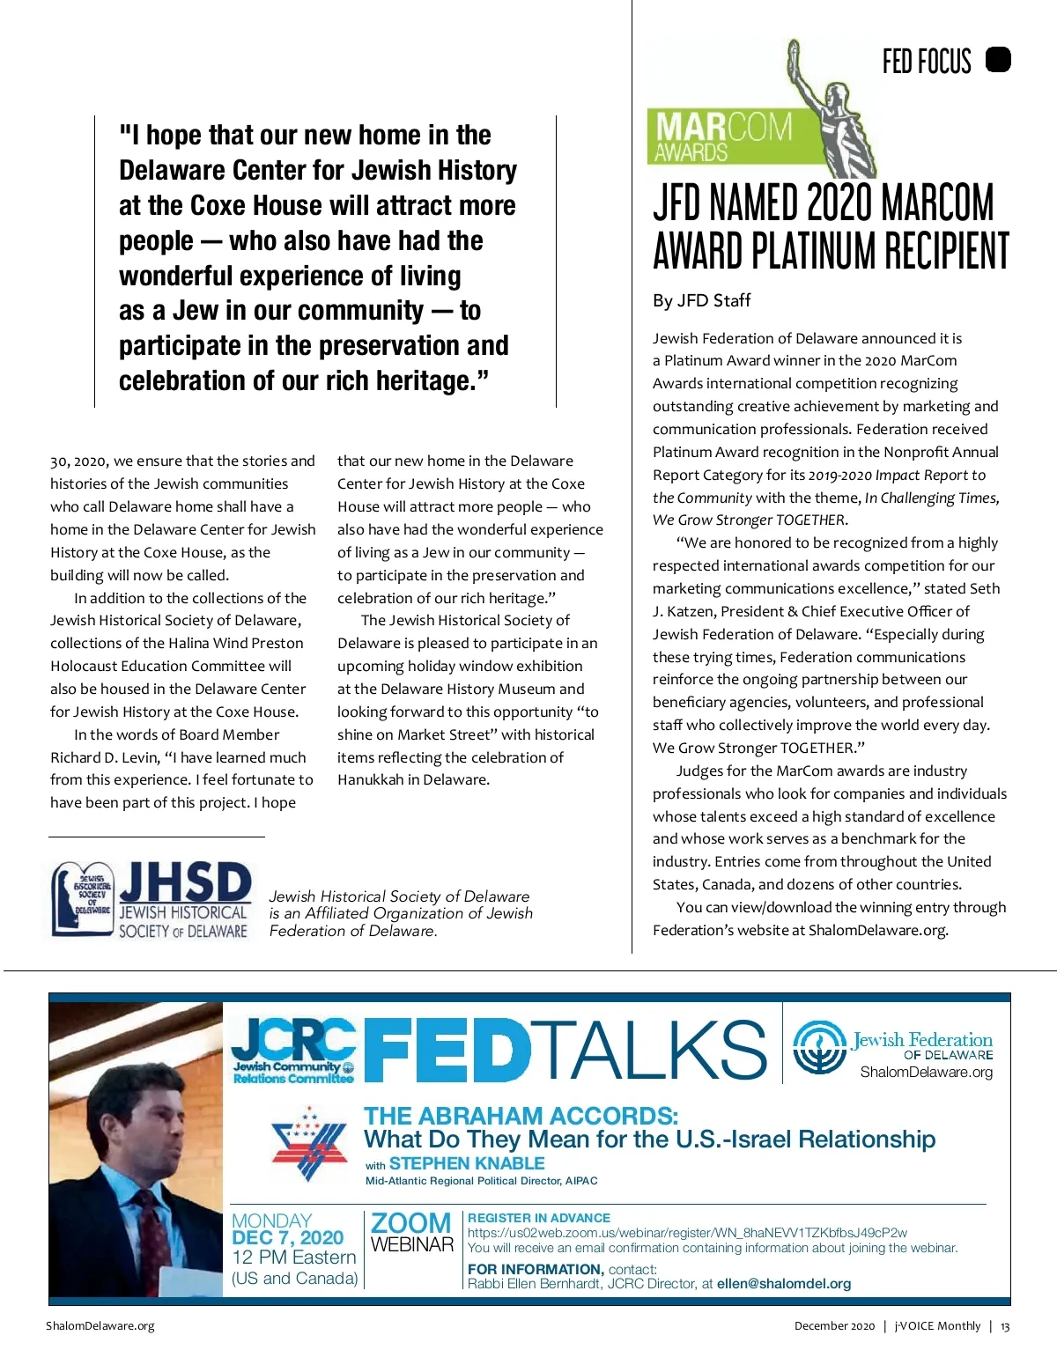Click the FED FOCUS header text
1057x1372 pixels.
coord(926,62)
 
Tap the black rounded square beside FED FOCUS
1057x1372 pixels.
coord(998,60)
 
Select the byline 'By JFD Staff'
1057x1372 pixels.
coord(701,300)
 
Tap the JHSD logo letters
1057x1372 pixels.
coord(185,883)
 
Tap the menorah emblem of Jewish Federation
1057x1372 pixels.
coord(819,1048)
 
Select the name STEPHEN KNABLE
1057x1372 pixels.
coord(467,1163)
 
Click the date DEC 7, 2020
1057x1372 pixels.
coord(287,1237)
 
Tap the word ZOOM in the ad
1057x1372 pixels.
coord(410,1223)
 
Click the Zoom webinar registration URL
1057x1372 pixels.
coord(687,1233)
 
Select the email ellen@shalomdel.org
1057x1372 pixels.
coord(784,1283)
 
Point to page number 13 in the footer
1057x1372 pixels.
coord(1005,1326)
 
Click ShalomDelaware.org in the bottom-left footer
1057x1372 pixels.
coord(100,1326)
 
